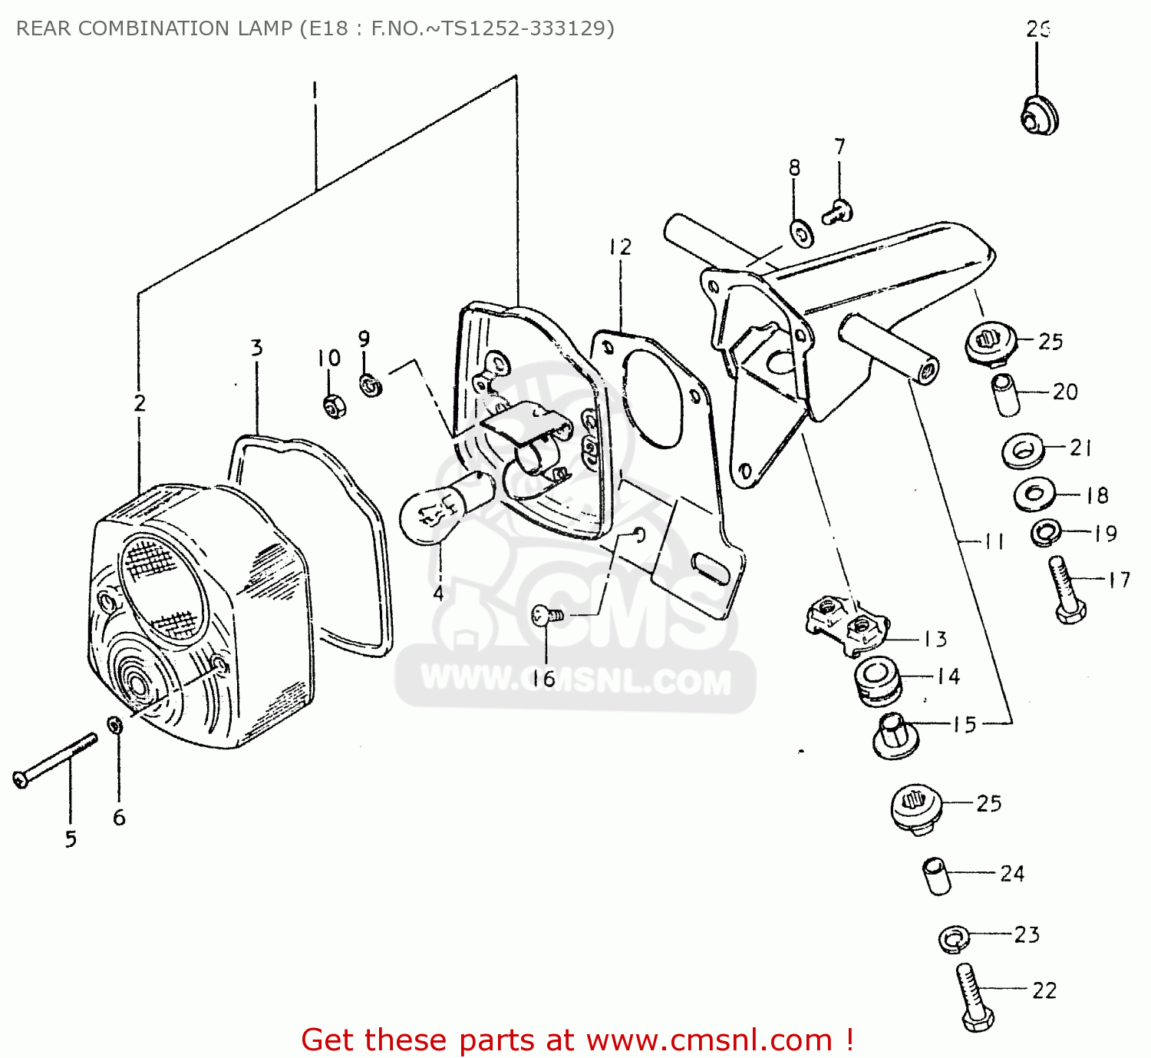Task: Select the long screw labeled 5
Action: click(55, 760)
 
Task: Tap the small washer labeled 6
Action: click(115, 724)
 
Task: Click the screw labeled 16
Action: click(546, 614)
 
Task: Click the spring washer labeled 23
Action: click(954, 938)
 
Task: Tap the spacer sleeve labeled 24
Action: click(936, 876)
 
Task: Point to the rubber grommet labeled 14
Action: click(877, 680)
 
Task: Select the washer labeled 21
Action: click(1023, 450)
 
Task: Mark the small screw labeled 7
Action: click(836, 211)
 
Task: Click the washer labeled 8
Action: click(802, 233)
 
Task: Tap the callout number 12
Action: click(620, 247)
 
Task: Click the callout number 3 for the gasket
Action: click(257, 348)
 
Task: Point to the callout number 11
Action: click(994, 542)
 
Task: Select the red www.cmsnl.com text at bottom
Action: click(709, 1040)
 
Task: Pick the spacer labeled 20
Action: click(1006, 394)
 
